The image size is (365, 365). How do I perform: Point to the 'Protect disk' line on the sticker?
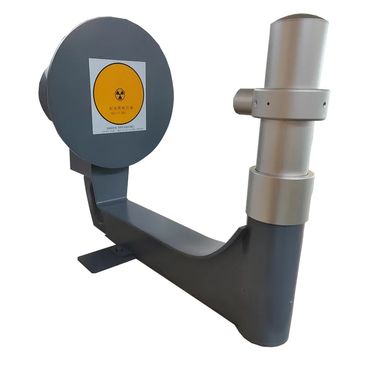coord(118,131)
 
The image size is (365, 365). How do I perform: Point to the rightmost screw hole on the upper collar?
coord(324,104)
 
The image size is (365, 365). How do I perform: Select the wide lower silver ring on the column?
coord(280,194)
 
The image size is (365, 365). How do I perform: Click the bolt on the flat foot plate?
coord(119,249)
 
